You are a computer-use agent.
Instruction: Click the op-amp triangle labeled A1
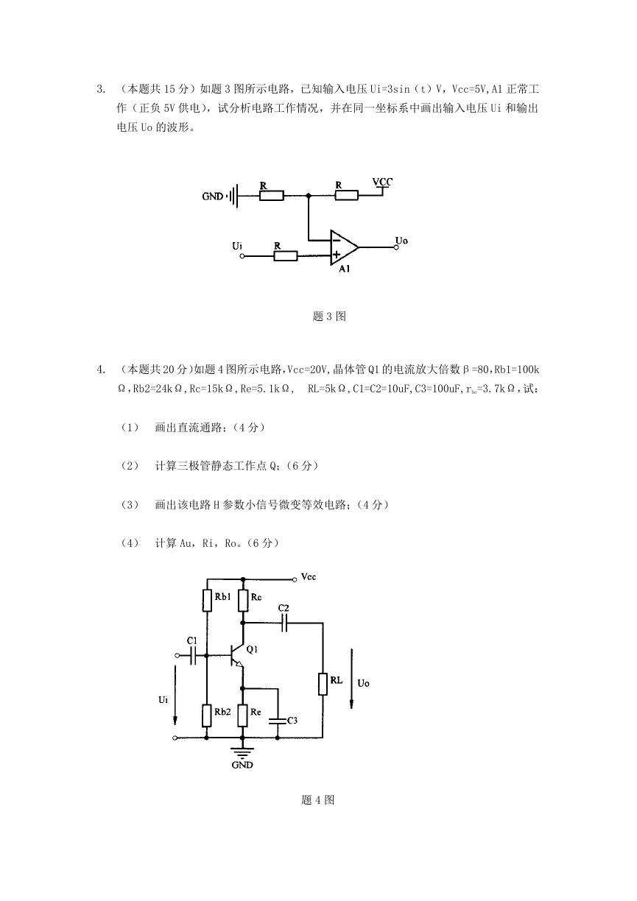[x=343, y=247]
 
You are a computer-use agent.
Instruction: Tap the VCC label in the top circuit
[x=382, y=182]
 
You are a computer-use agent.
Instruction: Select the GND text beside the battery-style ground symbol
[x=213, y=197]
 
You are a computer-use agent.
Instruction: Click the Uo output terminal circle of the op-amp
[x=396, y=247]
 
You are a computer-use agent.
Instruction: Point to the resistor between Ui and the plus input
[x=285, y=256]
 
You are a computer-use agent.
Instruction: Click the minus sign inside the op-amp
[x=336, y=241]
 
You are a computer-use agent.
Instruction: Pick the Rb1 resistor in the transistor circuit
[x=207, y=601]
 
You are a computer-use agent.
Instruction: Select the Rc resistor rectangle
[x=242, y=601]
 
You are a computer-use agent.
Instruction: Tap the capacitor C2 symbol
[x=284, y=623]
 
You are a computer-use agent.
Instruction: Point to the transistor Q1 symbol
[x=236, y=655]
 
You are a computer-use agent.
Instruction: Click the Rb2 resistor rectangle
[x=207, y=715]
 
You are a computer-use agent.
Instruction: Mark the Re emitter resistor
[x=242, y=715]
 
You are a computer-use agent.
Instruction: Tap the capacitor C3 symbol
[x=278, y=720]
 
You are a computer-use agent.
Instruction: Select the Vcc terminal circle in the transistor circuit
[x=295, y=579]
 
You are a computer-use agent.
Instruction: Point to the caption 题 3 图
[x=329, y=316]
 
